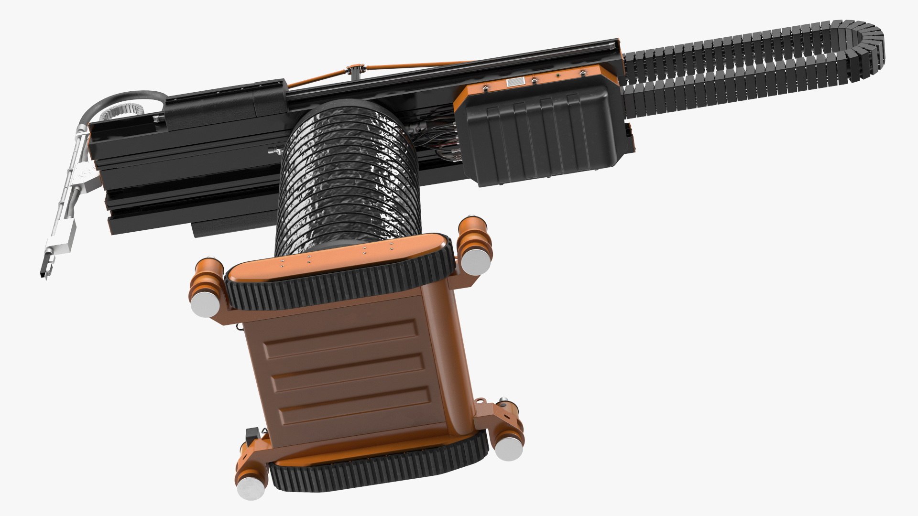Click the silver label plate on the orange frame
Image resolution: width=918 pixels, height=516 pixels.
(x=516, y=82)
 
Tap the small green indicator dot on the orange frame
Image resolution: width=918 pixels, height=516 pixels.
(x=557, y=75)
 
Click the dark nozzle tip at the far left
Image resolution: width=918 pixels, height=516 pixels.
(x=43, y=272)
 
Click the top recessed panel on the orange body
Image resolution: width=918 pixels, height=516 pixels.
(x=342, y=337)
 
